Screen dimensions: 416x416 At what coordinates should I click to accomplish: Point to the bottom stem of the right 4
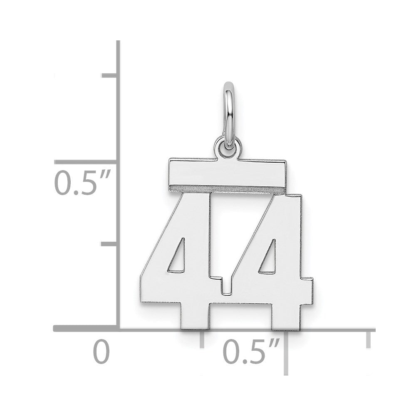(x=287, y=317)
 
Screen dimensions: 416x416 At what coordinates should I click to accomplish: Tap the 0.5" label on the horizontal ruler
(x=251, y=353)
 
